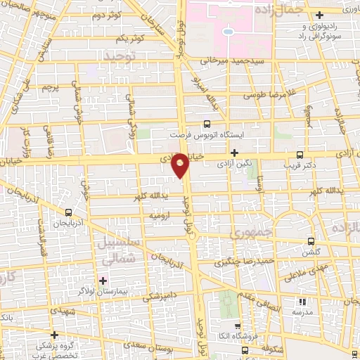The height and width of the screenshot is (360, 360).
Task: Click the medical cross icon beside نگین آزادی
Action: [x=235, y=153]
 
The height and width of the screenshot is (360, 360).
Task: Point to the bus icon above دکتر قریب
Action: [x=300, y=156]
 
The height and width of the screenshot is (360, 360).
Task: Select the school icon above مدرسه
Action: [x=305, y=300]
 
